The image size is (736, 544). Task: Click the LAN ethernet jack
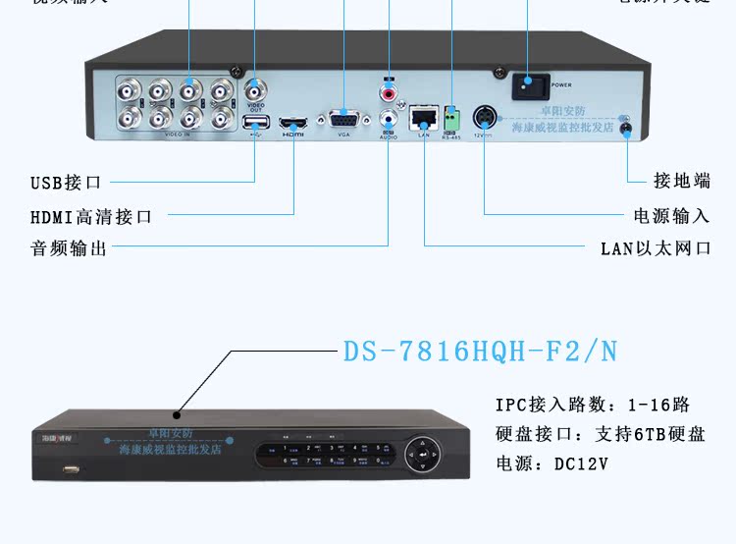(x=424, y=118)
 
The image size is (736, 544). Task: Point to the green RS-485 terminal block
(x=451, y=118)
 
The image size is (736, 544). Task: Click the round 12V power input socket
(x=485, y=118)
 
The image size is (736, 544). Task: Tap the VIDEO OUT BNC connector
(x=255, y=88)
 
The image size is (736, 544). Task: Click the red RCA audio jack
(x=390, y=93)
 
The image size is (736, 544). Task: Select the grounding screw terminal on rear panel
(x=623, y=127)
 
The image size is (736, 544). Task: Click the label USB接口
(x=66, y=183)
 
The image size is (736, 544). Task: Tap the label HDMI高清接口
(x=91, y=216)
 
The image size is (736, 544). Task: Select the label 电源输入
(x=672, y=215)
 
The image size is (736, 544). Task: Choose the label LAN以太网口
(x=656, y=248)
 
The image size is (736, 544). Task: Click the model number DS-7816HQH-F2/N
(x=480, y=352)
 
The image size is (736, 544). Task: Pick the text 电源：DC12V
(x=552, y=463)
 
